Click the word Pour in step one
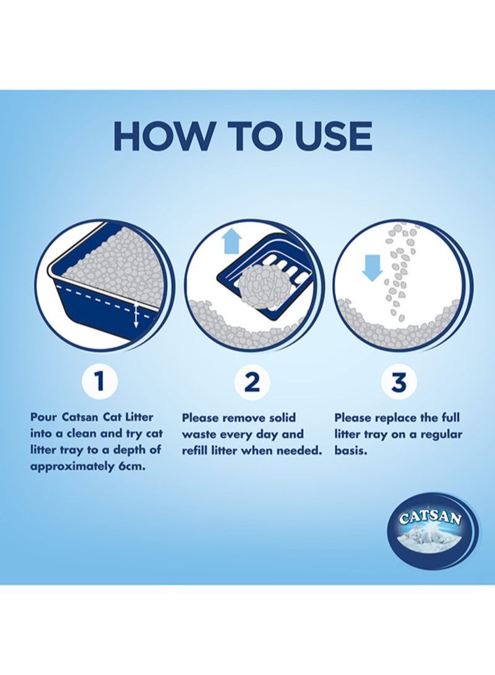pyautogui.click(x=45, y=417)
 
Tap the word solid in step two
pyautogui.click(x=280, y=417)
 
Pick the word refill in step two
pyautogui.click(x=197, y=451)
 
